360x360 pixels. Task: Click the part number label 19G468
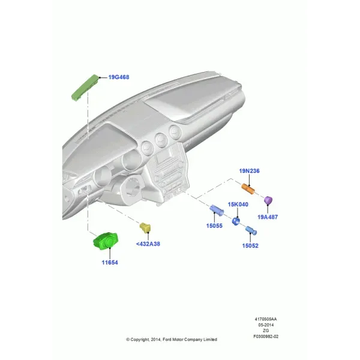[x=119, y=77]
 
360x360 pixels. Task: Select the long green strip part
[x=85, y=87]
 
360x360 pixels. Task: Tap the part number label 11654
[x=110, y=262]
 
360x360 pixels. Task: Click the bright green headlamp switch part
[x=106, y=241]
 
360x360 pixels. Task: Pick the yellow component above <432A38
[x=145, y=228]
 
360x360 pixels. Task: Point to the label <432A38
[x=148, y=244]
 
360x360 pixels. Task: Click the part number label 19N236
[x=250, y=171]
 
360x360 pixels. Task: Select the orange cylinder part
[x=248, y=189]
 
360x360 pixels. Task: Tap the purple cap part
[x=268, y=200]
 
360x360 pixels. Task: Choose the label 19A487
[x=268, y=217]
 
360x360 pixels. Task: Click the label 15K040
[x=238, y=205]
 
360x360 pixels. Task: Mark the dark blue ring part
[x=236, y=221]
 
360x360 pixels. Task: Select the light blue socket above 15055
[x=217, y=210]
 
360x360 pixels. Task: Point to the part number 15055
[x=214, y=226]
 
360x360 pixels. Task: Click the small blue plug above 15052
[x=251, y=230]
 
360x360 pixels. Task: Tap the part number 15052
[x=250, y=245]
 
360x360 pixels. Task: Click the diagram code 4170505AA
[x=266, y=319]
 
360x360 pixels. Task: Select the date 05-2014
[x=266, y=325]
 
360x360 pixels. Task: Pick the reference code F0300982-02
[x=266, y=337]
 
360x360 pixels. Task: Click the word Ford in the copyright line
[x=167, y=340]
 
